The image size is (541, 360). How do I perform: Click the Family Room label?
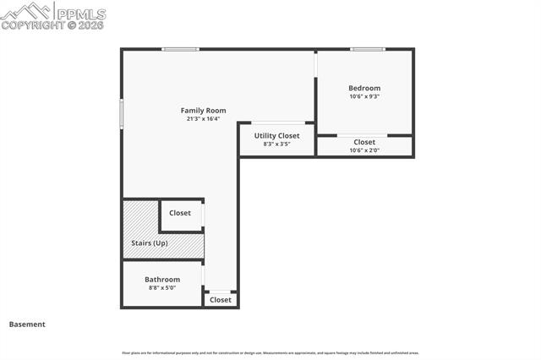(204, 110)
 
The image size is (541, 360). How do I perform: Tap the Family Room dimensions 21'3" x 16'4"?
(204, 119)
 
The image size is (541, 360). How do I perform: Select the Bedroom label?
(364, 88)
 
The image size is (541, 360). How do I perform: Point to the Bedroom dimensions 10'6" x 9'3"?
(364, 96)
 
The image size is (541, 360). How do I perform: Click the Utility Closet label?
(276, 135)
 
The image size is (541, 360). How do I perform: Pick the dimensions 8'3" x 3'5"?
(276, 145)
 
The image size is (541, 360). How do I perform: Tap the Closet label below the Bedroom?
(364, 142)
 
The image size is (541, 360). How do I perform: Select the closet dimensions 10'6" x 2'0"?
(364, 150)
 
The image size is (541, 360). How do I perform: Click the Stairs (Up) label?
(150, 243)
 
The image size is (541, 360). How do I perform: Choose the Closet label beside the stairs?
(180, 213)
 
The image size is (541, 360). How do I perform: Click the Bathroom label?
(162, 280)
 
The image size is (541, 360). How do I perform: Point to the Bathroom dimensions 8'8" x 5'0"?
(162, 288)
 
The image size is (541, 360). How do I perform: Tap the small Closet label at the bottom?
(221, 300)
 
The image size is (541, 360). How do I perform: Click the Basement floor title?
(27, 324)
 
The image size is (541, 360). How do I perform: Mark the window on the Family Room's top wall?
(180, 49)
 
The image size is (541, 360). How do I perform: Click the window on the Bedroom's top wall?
(368, 49)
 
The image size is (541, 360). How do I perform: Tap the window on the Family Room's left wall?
(122, 113)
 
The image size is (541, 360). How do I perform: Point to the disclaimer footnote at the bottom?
(270, 352)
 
